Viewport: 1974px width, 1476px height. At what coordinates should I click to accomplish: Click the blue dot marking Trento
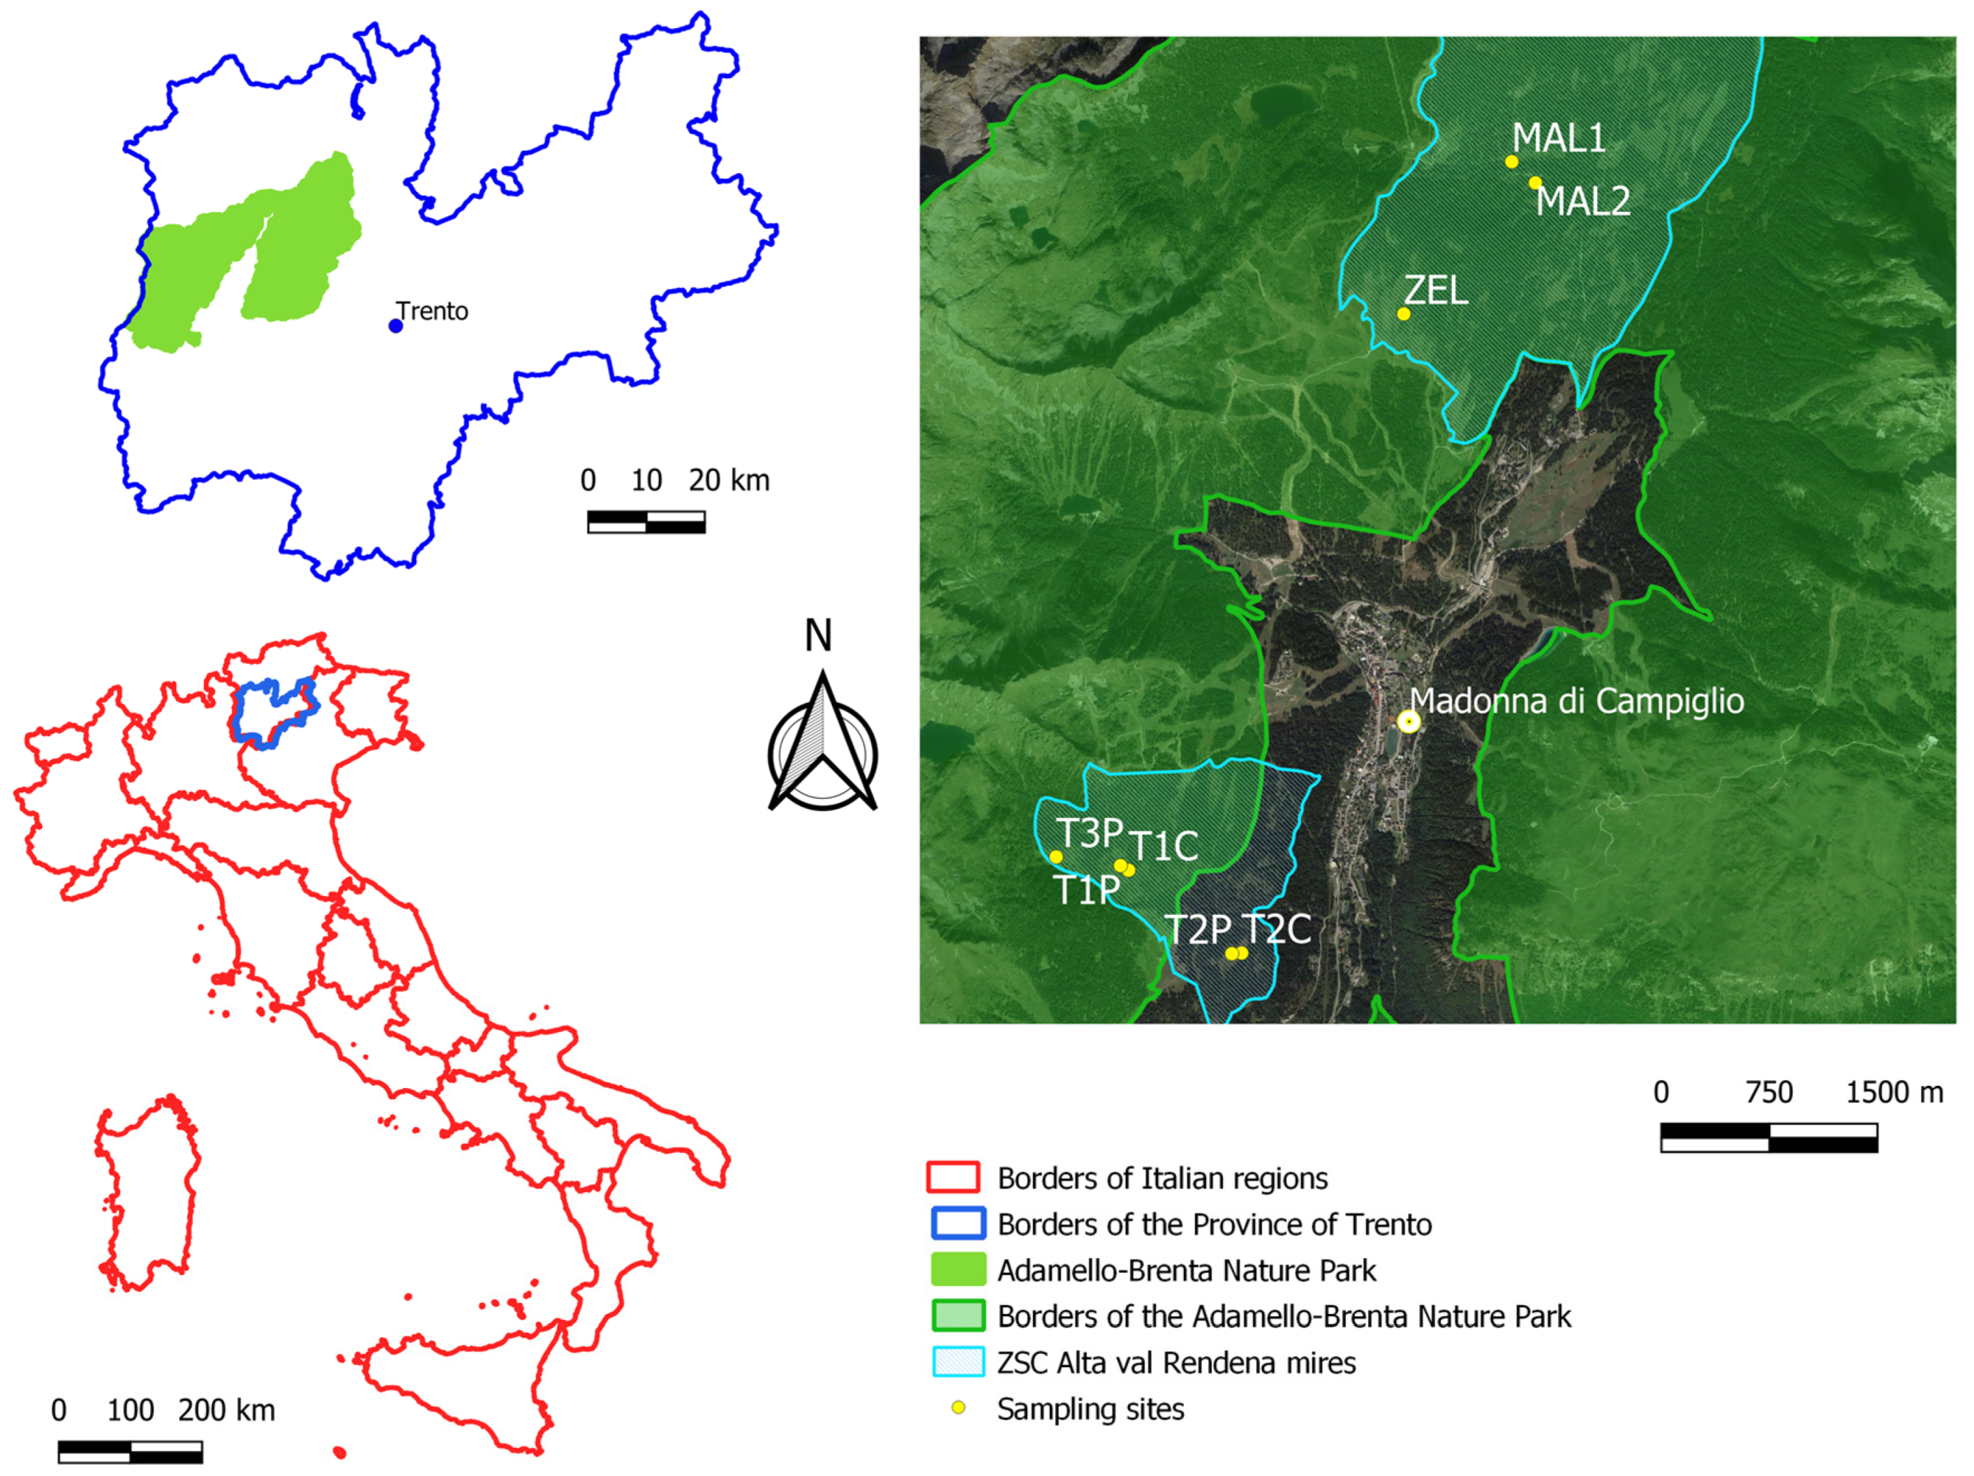point(395,326)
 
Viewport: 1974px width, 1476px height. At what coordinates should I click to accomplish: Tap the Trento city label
point(433,311)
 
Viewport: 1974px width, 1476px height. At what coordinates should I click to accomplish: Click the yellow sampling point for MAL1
point(1511,161)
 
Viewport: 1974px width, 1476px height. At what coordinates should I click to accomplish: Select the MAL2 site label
point(1582,202)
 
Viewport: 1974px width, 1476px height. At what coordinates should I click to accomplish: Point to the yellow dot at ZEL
point(1403,314)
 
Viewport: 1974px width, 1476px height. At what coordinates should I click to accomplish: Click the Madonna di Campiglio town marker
point(1408,721)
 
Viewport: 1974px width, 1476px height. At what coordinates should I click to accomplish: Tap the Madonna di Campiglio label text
point(1577,701)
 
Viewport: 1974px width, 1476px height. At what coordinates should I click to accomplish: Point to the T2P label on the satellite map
point(1198,930)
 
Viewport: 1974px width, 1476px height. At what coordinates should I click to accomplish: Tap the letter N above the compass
point(818,635)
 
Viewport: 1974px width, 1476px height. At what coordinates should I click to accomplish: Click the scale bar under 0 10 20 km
point(646,522)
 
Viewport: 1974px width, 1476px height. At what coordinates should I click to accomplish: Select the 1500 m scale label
point(1894,1092)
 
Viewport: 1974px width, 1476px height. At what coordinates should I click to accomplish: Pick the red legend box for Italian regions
point(953,1178)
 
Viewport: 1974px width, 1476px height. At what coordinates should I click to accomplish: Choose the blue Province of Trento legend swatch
point(958,1223)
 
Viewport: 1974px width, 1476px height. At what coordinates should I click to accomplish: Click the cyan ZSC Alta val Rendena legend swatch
point(958,1363)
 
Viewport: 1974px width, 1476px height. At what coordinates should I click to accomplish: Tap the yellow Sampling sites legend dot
point(958,1408)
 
